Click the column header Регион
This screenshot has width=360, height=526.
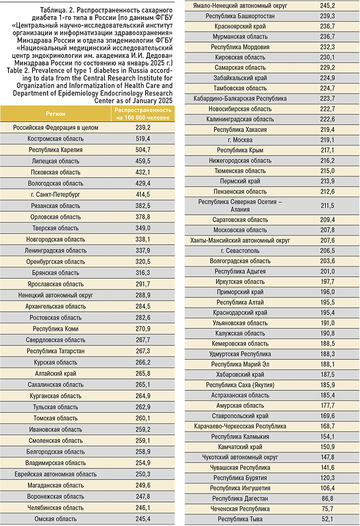click(x=55, y=114)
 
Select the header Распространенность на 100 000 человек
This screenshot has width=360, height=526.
click(x=143, y=114)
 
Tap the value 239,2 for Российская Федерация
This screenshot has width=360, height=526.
click(x=143, y=128)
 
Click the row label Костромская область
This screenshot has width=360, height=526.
click(x=55, y=139)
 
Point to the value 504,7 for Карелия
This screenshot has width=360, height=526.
click(x=143, y=150)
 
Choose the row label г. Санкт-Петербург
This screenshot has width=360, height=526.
click(x=55, y=195)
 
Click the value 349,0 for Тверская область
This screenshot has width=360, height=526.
click(x=143, y=228)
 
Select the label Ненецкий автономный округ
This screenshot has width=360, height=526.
click(x=55, y=295)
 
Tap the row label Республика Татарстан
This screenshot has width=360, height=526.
click(x=55, y=351)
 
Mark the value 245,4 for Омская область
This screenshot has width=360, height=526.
click(x=143, y=518)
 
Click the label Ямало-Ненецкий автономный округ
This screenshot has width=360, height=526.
click(x=240, y=6)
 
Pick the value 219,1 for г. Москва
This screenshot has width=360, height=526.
click(x=327, y=140)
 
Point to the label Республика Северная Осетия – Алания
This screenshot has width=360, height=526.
click(x=240, y=206)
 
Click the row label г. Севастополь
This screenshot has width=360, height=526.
click(x=240, y=251)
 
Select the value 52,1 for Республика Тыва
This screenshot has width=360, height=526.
click(x=327, y=519)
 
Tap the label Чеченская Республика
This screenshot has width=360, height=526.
click(x=240, y=508)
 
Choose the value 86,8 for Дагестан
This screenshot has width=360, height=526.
click(x=327, y=498)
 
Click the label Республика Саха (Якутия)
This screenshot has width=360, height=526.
click(x=240, y=385)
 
